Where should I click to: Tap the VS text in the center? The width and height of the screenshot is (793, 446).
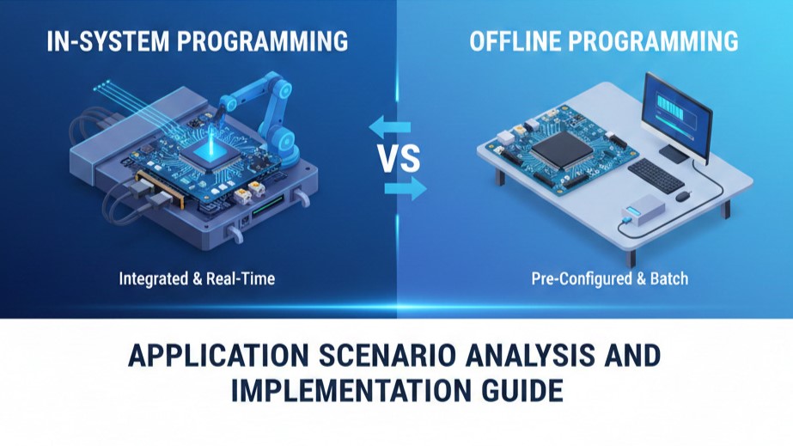(x=398, y=159)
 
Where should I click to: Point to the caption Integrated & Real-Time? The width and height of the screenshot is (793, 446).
(x=195, y=278)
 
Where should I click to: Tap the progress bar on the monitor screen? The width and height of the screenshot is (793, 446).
(x=676, y=107)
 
